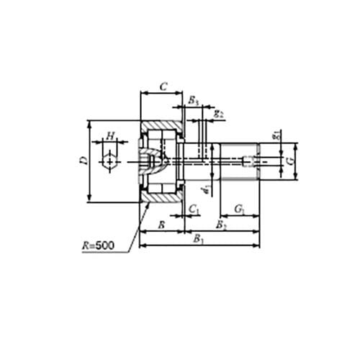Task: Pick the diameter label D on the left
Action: pyautogui.click(x=84, y=161)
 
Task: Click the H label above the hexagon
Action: pyautogui.click(x=109, y=135)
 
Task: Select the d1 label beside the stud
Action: pyautogui.click(x=206, y=189)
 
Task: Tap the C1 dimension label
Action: pyautogui.click(x=193, y=210)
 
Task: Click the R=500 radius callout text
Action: pyautogui.click(x=97, y=246)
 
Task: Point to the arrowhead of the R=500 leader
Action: pyautogui.click(x=148, y=204)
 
